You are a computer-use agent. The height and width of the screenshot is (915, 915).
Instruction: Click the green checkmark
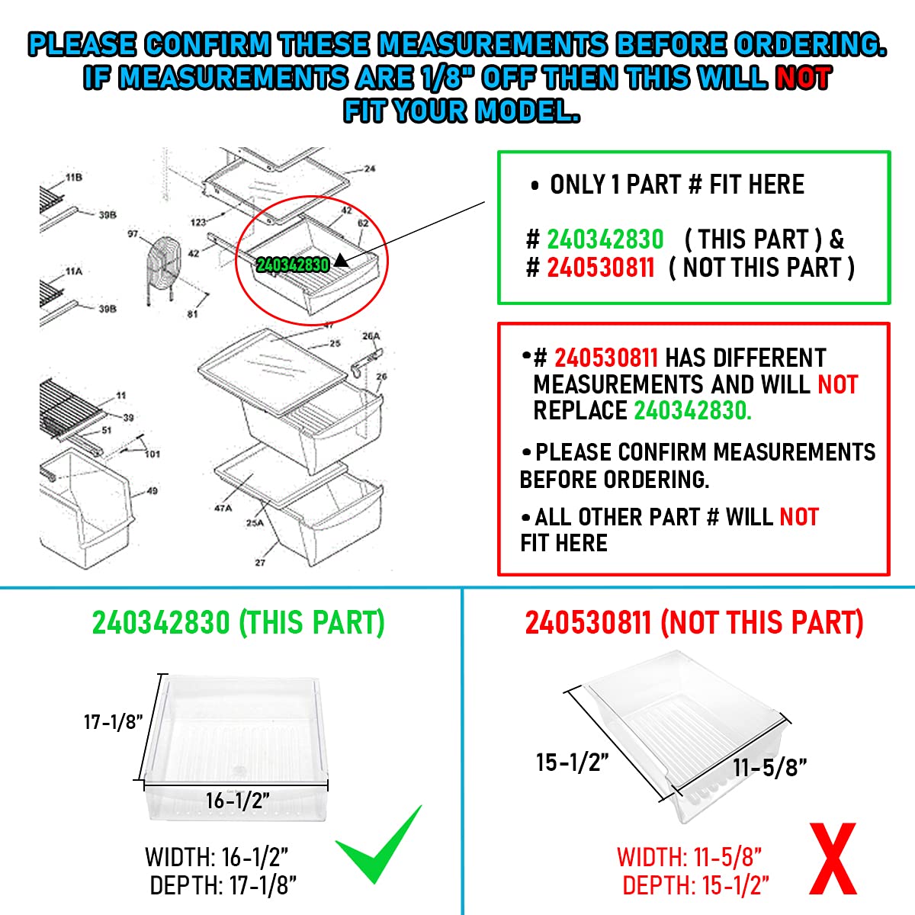[379, 847]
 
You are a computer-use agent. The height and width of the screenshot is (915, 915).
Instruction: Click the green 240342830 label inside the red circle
[293, 265]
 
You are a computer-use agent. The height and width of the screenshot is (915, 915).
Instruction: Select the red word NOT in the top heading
[802, 78]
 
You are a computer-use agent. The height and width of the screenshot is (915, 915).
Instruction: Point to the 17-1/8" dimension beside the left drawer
[113, 721]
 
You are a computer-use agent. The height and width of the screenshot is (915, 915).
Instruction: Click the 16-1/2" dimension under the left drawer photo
[238, 801]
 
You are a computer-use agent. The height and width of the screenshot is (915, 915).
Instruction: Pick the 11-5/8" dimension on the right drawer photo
[770, 767]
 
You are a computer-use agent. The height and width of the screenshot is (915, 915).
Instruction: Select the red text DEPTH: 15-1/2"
[695, 886]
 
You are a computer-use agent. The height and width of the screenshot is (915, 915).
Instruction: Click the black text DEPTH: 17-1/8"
[223, 886]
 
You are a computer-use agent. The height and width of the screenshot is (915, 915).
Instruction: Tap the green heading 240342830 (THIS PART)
[238, 623]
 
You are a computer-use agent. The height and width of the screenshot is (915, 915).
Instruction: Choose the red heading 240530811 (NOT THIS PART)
[694, 623]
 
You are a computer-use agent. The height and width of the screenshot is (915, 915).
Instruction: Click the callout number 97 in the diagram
[133, 235]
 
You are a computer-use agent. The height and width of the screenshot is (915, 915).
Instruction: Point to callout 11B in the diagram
[74, 178]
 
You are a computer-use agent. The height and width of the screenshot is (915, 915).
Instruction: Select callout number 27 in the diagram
[260, 563]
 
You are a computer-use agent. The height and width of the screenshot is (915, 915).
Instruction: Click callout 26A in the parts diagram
[371, 336]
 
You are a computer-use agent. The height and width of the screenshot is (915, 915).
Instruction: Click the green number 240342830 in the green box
[605, 239]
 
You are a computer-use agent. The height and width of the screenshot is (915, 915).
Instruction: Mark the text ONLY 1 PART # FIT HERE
[676, 185]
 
